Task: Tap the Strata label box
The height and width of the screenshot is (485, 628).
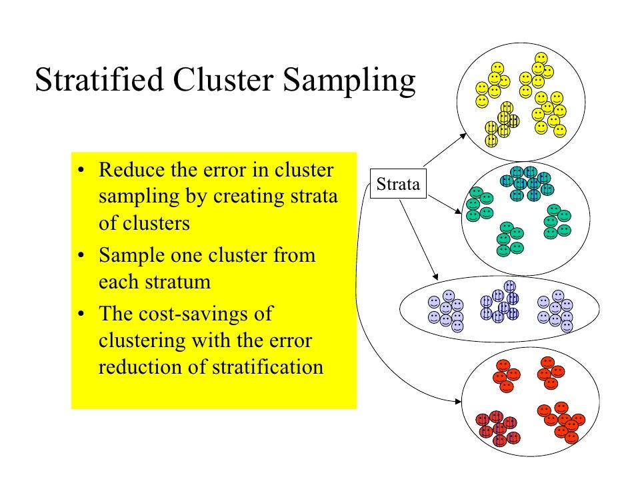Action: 398,184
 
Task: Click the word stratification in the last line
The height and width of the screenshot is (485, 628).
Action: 268,366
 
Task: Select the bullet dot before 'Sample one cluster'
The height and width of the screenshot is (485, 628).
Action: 81,256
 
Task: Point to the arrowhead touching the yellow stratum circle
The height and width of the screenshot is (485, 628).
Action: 465,135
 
